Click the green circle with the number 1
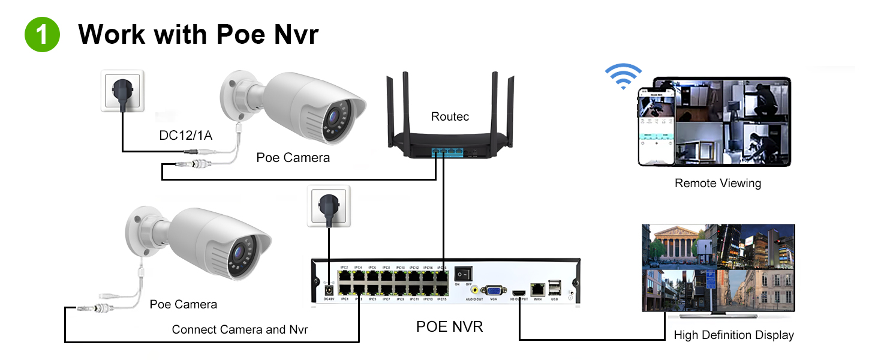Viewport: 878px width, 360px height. tap(42, 35)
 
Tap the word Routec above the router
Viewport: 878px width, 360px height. tap(450, 116)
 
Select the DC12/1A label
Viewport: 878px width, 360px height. tap(185, 136)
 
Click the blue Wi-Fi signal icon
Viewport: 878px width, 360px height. tap(623, 75)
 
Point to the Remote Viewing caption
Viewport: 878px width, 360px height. tap(717, 184)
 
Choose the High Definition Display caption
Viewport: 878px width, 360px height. tap(733, 335)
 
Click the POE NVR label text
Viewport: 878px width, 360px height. tap(449, 327)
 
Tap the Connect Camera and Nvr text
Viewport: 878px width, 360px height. tap(240, 329)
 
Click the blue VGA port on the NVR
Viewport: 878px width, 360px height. tap(494, 290)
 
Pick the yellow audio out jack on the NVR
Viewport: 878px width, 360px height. tap(475, 288)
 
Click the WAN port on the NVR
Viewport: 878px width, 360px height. tap(537, 289)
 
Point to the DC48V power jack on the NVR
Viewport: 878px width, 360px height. tap(328, 289)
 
